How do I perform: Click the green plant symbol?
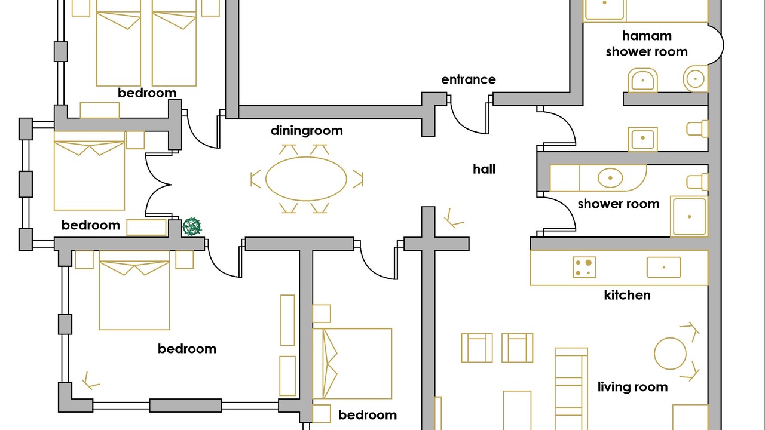click(192, 226)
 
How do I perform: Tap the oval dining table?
click(306, 179)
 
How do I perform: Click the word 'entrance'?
click(469, 79)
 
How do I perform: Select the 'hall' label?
click(484, 169)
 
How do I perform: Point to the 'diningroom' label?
click(307, 130)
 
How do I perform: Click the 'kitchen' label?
click(627, 295)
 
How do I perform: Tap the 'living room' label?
click(632, 387)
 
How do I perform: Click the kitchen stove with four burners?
click(584, 267)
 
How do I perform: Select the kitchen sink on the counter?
click(663, 267)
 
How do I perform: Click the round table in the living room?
click(670, 354)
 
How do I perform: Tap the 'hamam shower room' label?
click(647, 44)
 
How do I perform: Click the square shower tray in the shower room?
click(688, 216)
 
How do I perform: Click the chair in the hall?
click(453, 220)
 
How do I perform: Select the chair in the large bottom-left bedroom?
click(91, 380)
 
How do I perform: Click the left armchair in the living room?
click(477, 348)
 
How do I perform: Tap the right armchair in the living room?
click(517, 348)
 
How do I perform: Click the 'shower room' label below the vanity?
click(619, 204)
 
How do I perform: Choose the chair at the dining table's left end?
click(256, 179)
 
